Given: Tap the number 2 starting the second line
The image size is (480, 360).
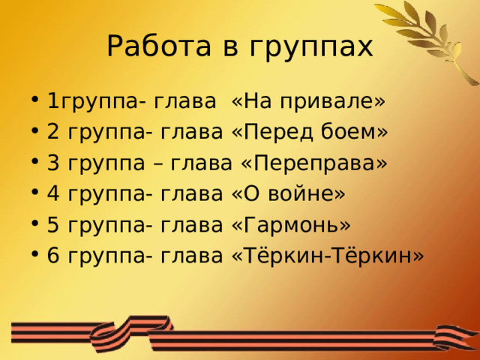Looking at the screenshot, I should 52,132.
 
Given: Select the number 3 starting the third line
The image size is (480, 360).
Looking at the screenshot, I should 52,163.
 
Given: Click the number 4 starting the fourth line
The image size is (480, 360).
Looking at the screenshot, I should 52,194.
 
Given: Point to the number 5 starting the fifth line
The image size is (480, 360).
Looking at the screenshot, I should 52,226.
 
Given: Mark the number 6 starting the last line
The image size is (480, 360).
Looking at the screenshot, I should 52,256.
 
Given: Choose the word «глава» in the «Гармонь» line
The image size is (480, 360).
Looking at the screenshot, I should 190,226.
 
